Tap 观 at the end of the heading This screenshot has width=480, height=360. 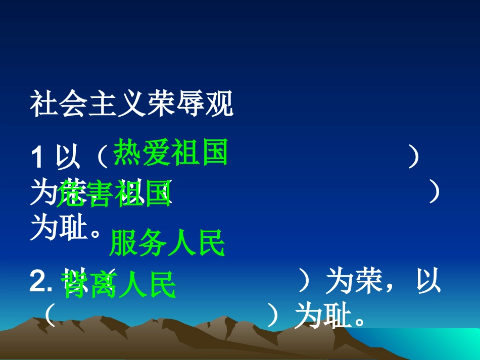click(x=221, y=105)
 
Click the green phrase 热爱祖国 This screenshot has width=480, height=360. click(x=170, y=152)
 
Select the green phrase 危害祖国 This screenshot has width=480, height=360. click(x=115, y=194)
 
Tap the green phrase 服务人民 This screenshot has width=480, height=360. click(x=167, y=243)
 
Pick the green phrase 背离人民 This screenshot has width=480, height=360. click(x=118, y=285)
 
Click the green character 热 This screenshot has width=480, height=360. click(x=127, y=152)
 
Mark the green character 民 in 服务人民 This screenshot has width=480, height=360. click(x=211, y=243)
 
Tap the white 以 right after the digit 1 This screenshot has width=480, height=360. click(x=69, y=158)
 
